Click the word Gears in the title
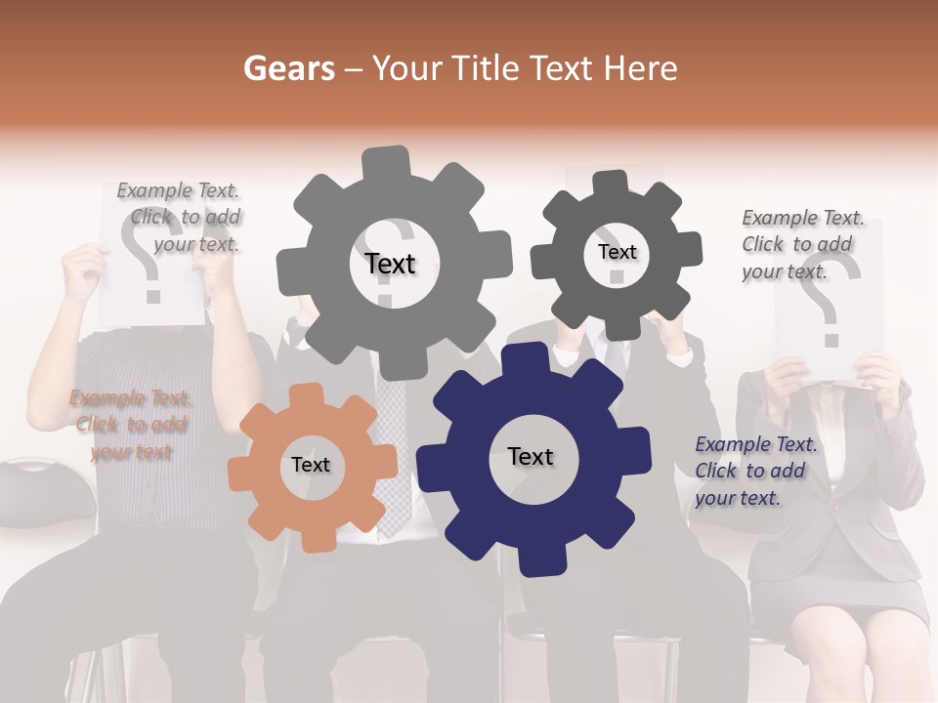tap(288, 68)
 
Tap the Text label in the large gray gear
tap(390, 264)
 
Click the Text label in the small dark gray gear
tap(617, 252)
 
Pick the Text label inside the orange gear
tap(311, 465)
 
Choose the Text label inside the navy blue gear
tap(531, 456)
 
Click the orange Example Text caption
tap(130, 425)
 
